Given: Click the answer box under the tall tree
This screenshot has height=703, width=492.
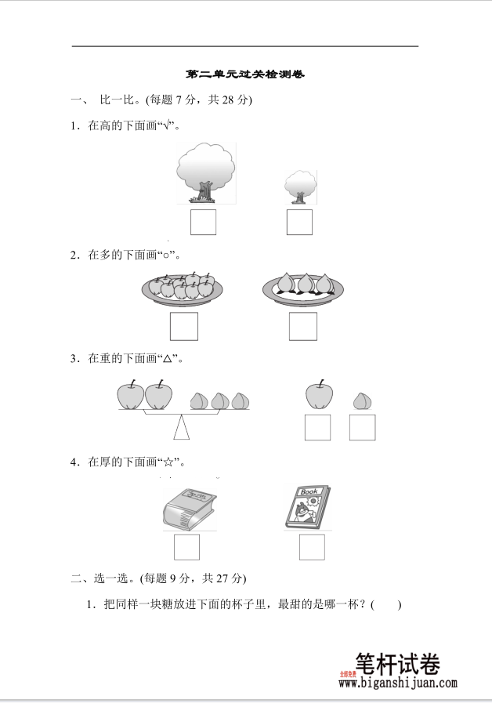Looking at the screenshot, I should (x=203, y=223).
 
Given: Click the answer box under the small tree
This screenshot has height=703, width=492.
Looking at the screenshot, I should (x=299, y=223).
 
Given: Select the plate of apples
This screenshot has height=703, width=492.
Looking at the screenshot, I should (x=183, y=288).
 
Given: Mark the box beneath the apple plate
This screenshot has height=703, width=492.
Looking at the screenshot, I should (x=184, y=326).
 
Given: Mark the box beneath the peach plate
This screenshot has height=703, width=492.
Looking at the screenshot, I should (x=302, y=326).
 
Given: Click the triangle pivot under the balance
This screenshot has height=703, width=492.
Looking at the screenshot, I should (x=182, y=428).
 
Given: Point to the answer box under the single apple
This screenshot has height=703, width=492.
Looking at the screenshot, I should (x=317, y=427).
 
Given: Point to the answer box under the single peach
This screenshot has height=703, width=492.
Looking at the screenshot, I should (x=362, y=427).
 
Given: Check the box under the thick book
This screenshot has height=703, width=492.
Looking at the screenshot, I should (x=186, y=547).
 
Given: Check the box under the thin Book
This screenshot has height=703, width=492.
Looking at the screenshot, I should (x=311, y=547).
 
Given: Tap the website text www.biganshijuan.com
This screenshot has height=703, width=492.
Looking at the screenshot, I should (x=398, y=683).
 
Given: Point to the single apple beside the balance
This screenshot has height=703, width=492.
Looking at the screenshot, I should (x=317, y=395).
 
